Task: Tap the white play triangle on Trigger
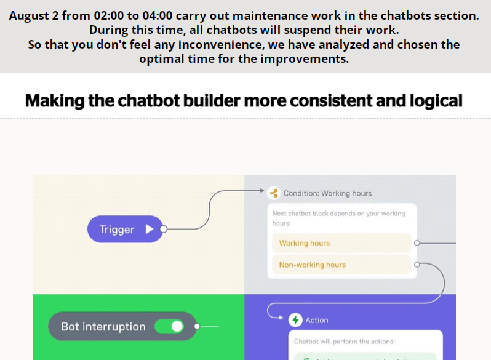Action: (x=150, y=229)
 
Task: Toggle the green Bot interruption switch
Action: (x=169, y=326)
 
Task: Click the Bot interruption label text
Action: (x=103, y=327)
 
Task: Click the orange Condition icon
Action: (x=274, y=193)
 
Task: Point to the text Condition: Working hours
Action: (x=327, y=193)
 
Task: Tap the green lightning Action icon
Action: (x=296, y=320)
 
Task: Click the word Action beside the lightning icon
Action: (x=317, y=320)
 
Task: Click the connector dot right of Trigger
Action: (x=164, y=230)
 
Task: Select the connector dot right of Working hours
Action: (x=417, y=243)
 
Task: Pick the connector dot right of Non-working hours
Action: (x=417, y=265)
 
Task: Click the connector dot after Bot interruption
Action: (x=197, y=326)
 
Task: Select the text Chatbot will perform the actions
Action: (x=345, y=342)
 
